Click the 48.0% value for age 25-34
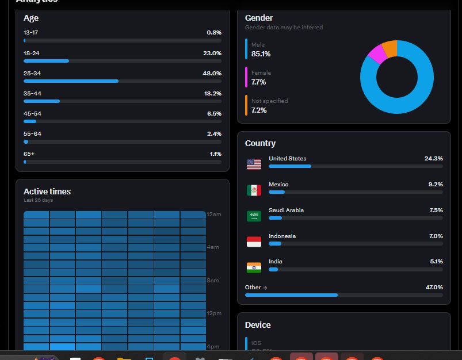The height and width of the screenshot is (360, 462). coord(212,74)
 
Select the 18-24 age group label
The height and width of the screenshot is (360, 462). coord(32,53)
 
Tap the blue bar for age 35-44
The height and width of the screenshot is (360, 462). coord(41,101)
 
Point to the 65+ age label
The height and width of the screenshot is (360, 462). coord(29,154)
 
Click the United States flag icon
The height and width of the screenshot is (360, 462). coord(254,164)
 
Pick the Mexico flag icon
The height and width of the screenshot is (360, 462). coord(254,190)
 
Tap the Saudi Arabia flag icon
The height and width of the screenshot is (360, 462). coord(254,216)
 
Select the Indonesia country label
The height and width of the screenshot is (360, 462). coord(282,236)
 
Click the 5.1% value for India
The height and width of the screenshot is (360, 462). coord(436,262)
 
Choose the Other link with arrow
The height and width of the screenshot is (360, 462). coord(256,287)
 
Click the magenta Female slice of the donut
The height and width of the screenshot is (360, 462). coord(377,54)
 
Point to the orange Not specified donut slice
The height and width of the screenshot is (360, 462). coord(390,49)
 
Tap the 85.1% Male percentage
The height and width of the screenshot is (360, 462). coord(261,54)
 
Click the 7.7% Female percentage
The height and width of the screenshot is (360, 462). coord(258,82)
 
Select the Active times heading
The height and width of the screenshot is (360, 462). coord(47,192)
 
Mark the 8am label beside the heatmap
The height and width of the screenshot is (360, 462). coord(213,281)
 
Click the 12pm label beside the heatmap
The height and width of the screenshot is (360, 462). coord(214,313)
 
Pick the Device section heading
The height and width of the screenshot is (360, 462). coord(258,325)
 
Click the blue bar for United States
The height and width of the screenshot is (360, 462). coord(290,166)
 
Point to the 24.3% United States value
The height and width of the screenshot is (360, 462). coord(433,158)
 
